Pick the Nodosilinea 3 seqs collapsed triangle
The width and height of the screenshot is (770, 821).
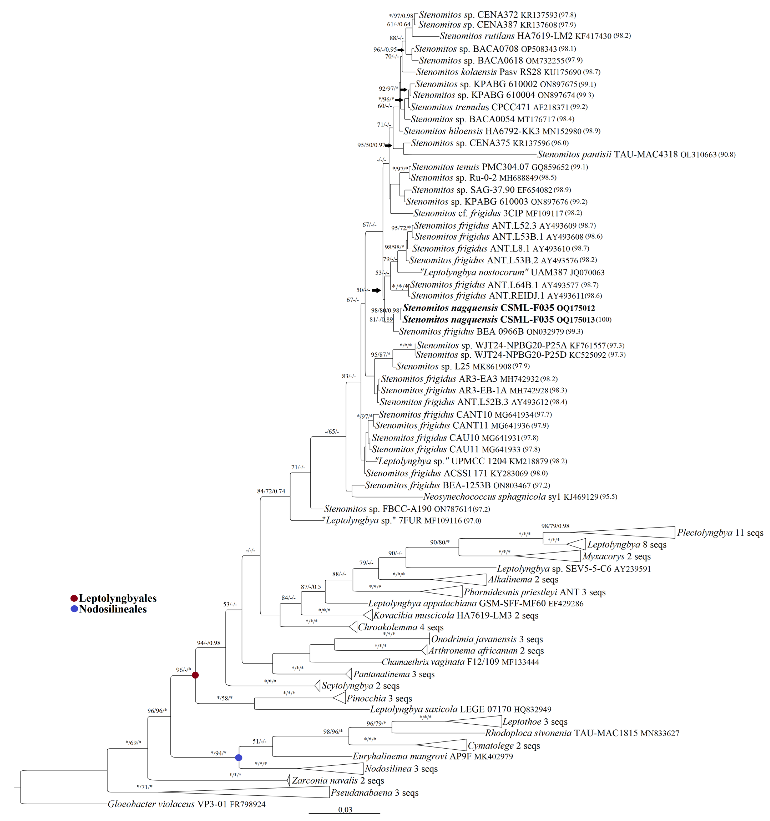point(339,769)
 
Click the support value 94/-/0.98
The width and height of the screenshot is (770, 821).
point(209,643)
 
